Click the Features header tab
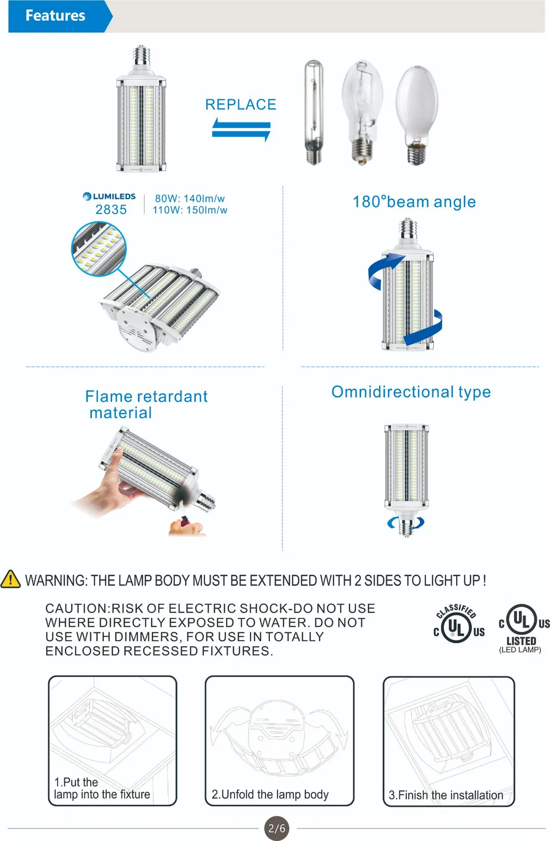point(56,16)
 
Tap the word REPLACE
point(241,104)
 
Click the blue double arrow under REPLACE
point(241,129)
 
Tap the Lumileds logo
point(109,196)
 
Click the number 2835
point(111,210)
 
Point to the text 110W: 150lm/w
point(190,210)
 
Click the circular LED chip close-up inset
point(98,249)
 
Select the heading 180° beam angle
point(414,202)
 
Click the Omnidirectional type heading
point(411,392)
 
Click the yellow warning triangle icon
point(11,579)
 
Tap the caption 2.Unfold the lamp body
point(270,794)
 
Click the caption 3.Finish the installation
point(446,795)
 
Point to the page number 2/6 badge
point(277,828)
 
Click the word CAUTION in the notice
point(76,608)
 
